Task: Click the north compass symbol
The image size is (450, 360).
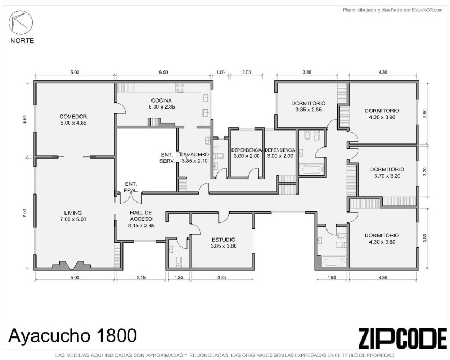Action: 20,23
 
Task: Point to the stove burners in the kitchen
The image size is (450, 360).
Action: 180,88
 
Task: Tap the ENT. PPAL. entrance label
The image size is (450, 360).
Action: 131,187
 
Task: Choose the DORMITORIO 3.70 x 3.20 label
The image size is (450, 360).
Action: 387,172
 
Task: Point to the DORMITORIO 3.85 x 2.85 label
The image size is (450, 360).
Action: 309,106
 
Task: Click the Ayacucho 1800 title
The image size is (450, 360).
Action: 73,336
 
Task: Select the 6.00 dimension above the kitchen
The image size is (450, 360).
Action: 163,73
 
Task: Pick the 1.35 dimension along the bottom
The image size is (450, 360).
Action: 179,278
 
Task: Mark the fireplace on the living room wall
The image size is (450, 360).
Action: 71,265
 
